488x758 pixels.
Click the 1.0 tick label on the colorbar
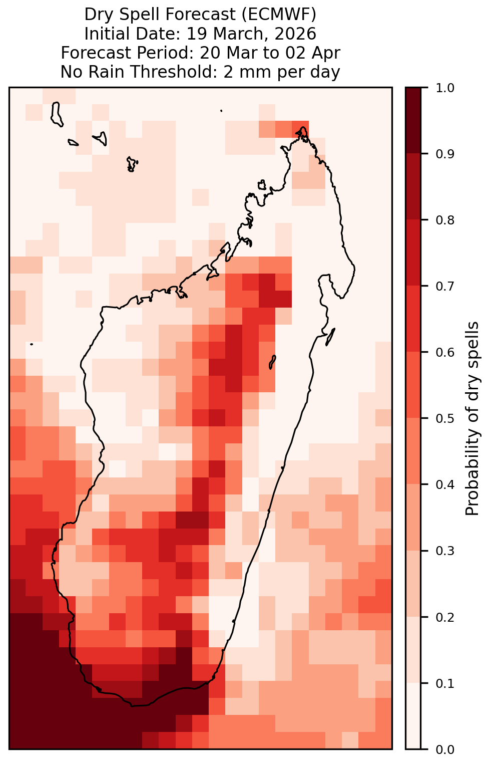tap(445, 88)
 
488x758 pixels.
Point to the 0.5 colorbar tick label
tap(445, 419)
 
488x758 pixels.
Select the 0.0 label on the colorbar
tap(445, 749)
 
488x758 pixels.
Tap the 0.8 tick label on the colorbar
tap(445, 220)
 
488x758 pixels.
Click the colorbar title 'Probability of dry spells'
tap(472, 419)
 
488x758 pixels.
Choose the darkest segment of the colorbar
tap(413, 120)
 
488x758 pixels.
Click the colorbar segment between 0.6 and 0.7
tap(413, 319)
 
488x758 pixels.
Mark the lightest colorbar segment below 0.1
tap(413, 716)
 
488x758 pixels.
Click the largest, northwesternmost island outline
tap(57, 114)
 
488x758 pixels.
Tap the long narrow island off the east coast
tap(330, 337)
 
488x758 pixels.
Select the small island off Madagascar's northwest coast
tap(262, 185)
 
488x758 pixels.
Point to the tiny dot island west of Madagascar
tap(32, 344)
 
